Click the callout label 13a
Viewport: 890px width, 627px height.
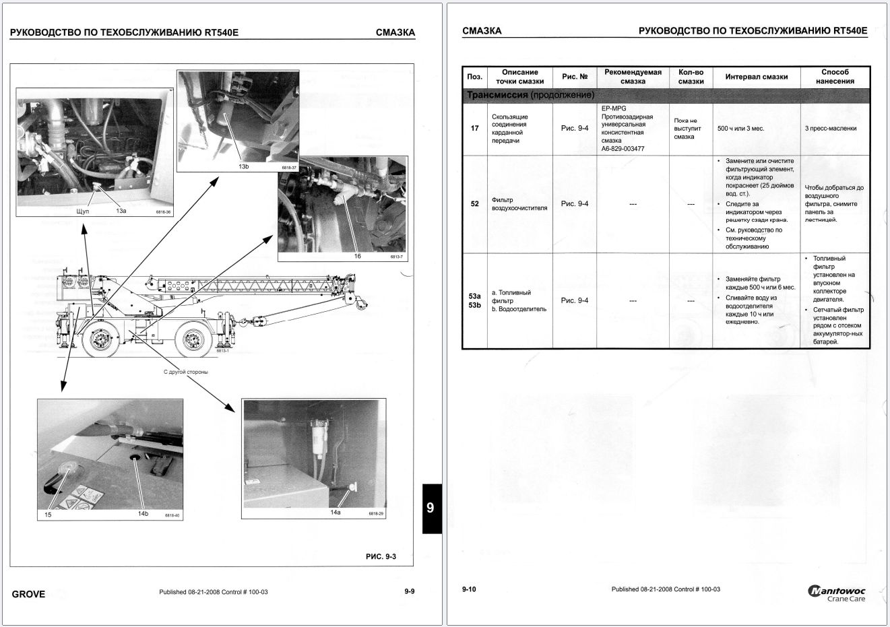(x=121, y=211)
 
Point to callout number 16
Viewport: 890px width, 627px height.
(x=358, y=256)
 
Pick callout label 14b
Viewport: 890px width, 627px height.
(x=143, y=514)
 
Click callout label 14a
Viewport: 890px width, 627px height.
(x=336, y=513)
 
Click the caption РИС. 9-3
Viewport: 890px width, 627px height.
(x=381, y=556)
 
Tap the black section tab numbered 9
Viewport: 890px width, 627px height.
(x=431, y=508)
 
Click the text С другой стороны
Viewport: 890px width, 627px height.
(x=186, y=372)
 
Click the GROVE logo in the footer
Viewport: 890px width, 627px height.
(x=28, y=594)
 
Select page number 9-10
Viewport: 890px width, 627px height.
(x=469, y=589)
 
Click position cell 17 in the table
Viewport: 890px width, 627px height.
(x=474, y=128)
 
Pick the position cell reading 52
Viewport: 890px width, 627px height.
(x=474, y=203)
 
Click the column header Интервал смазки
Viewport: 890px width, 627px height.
(x=756, y=77)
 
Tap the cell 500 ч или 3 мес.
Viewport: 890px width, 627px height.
(x=741, y=128)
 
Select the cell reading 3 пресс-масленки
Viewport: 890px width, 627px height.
(x=830, y=128)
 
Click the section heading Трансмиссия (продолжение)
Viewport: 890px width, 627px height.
(x=531, y=95)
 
